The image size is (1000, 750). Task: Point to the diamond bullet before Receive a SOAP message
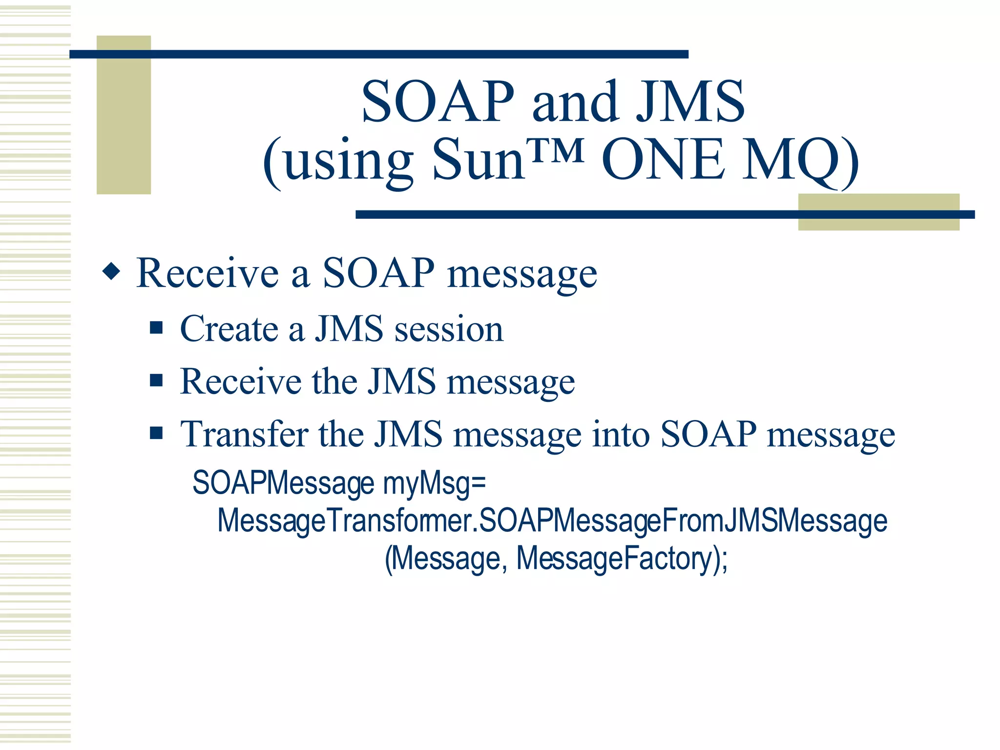111,271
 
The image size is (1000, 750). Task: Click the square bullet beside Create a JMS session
156,327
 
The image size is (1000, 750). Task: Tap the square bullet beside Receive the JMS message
156,380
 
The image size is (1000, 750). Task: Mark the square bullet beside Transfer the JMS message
156,433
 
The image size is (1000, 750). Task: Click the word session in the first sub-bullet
449,329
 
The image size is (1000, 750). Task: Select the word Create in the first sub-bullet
229,329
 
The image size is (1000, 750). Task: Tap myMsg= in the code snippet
434,483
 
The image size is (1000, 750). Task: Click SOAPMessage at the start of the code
283,483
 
